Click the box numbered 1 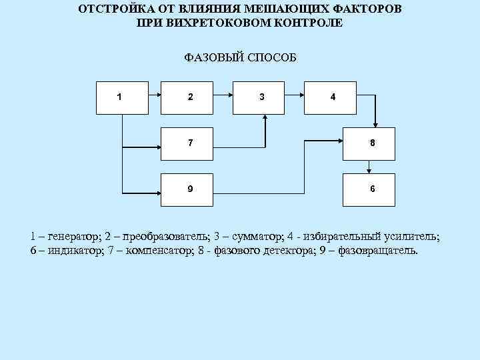119,97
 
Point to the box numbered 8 369,143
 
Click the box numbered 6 369,189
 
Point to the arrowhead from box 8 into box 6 369,169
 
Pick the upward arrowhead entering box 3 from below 265,117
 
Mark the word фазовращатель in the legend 379,250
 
